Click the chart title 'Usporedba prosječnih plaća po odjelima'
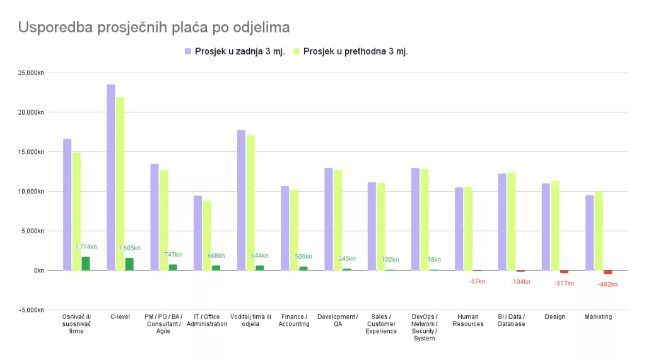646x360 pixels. pos(154,28)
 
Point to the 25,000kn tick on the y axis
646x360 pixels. pos(30,73)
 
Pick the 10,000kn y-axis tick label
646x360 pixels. pos(30,191)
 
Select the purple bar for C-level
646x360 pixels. pos(111,177)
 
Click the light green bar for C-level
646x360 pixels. pos(120,183)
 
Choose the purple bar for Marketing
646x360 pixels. pos(589,233)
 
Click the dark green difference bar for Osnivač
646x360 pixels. pos(86,264)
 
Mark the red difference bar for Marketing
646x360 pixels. pos(608,272)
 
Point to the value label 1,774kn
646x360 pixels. pos(86,247)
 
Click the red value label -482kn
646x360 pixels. pos(608,284)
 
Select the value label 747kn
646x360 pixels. pos(173,255)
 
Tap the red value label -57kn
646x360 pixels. pos(478,281)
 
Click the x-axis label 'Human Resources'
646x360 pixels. pos(468,320)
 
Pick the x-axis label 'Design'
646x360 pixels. pos(555,316)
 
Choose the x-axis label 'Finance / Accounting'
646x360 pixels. pos(294,320)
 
